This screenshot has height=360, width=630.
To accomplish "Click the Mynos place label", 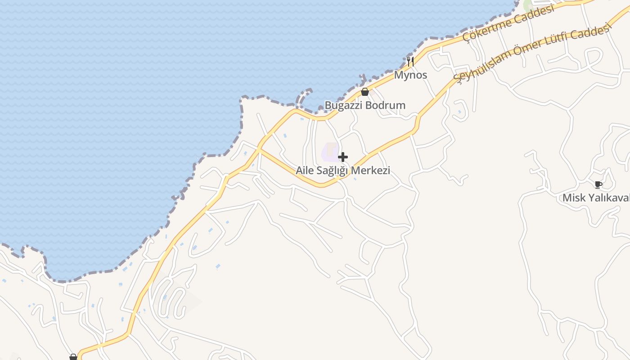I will point(410,75).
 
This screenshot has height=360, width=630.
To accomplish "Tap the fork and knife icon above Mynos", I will point(410,61).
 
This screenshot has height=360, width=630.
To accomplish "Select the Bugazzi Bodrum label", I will point(365,105).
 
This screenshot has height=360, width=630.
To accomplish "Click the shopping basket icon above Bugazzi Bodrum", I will point(365,92).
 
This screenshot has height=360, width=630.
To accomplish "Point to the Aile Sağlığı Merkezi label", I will point(343,171).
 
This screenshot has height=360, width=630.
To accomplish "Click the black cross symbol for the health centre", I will point(343,157).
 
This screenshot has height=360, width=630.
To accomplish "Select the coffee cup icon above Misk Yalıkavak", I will point(598,184).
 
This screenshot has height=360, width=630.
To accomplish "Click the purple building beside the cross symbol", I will point(330,153).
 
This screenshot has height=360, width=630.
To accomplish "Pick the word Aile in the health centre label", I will point(304,171).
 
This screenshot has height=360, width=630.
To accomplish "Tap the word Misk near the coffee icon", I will point(572,198).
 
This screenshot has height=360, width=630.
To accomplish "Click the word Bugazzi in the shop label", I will point(344,105).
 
